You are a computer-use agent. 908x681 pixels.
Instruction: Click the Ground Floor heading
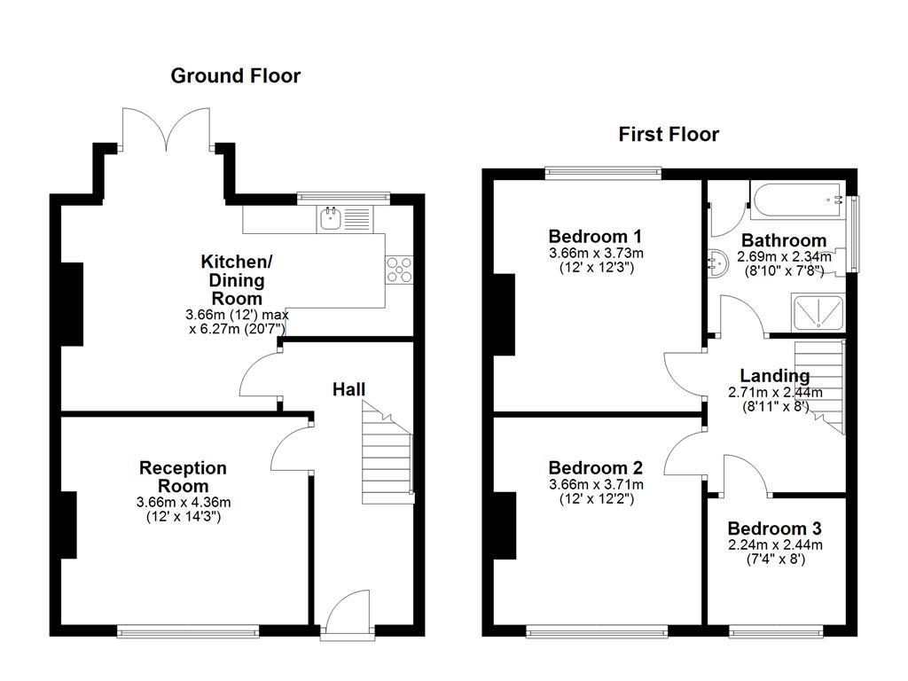click(235, 76)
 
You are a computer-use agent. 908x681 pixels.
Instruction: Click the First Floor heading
click(669, 135)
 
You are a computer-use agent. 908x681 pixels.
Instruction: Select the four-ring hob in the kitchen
click(399, 269)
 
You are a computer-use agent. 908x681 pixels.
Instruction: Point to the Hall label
click(348, 389)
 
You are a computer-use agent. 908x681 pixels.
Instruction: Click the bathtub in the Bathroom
click(798, 201)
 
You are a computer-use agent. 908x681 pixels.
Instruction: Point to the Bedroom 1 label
click(595, 237)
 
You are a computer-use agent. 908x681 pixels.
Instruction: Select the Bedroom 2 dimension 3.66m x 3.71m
click(595, 484)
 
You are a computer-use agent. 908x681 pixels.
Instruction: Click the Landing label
click(774, 376)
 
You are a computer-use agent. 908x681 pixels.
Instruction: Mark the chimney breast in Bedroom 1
click(504, 315)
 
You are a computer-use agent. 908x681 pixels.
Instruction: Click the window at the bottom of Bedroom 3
click(774, 631)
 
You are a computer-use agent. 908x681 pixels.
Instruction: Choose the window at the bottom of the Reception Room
click(188, 631)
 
